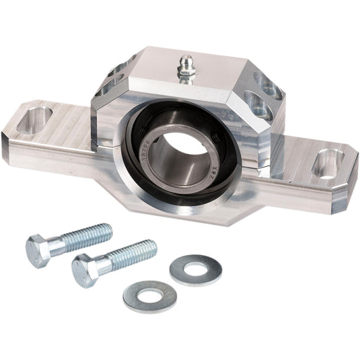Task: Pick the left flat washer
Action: coord(149,295)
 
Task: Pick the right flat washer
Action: coord(196,270)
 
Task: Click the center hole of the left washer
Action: coord(149,295)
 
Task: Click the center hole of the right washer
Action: coord(196,269)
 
